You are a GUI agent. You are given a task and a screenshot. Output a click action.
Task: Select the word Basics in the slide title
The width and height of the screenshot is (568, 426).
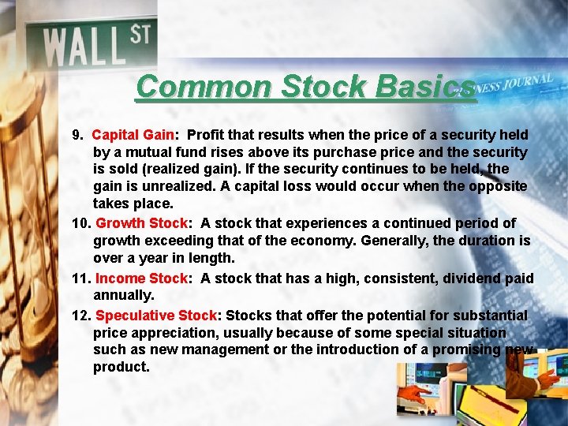click(x=426, y=87)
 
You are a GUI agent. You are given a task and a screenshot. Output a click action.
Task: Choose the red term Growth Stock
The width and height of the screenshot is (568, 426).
click(x=142, y=223)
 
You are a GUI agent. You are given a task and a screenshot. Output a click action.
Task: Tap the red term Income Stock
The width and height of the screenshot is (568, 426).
click(x=142, y=278)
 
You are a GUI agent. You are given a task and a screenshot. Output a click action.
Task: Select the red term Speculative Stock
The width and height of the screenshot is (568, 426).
click(x=156, y=315)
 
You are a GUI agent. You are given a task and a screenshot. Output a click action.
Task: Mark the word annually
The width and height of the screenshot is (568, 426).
click(x=123, y=295)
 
